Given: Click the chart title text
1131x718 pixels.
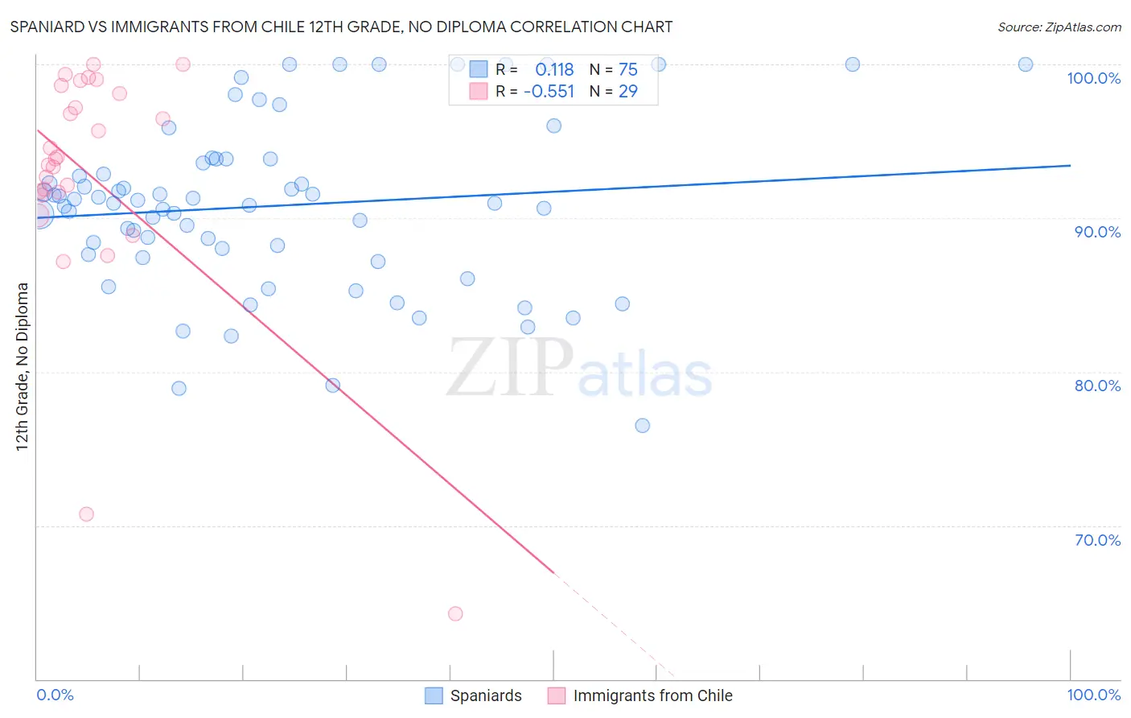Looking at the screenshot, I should [x=341, y=27].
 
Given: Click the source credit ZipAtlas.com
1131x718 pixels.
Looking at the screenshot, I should [x=1059, y=27].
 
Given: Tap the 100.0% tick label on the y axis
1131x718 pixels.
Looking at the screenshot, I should [x=1093, y=78].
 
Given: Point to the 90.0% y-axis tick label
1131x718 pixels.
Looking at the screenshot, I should [x=1097, y=232].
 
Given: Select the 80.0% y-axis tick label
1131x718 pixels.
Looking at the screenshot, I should [x=1097, y=386].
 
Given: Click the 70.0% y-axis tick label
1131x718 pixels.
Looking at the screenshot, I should [x=1097, y=540].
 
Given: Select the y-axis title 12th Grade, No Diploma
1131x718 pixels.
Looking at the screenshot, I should [x=23, y=366].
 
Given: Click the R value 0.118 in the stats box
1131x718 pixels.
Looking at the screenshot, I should [x=554, y=70].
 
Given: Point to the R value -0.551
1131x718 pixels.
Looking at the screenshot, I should [x=549, y=92].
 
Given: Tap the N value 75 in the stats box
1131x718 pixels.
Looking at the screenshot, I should [x=627, y=70].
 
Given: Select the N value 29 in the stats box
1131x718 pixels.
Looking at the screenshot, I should [x=627, y=92].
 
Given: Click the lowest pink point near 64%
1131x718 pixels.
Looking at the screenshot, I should [x=455, y=614].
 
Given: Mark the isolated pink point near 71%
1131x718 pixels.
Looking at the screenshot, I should [x=86, y=514].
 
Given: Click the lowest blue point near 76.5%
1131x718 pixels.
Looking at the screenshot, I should [x=643, y=426].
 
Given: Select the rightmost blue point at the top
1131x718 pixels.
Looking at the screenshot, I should [x=1026, y=64].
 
